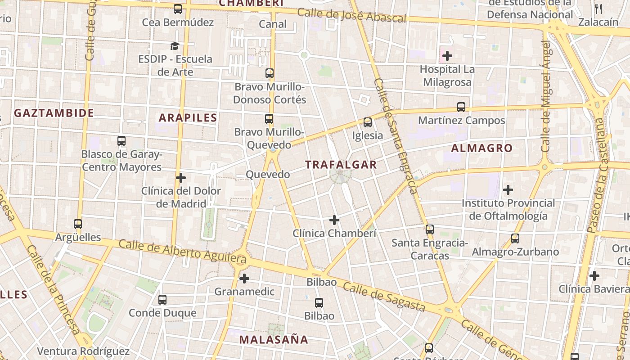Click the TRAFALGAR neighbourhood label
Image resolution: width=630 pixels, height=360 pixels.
pyautogui.click(x=341, y=165)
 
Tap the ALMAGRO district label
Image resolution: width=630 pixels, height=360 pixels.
pyautogui.click(x=481, y=148)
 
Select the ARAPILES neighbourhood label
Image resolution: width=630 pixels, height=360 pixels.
pyautogui.click(x=188, y=118)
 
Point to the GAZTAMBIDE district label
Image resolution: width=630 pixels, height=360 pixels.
pyautogui.click(x=54, y=113)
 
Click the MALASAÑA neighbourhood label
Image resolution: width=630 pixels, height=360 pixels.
pyautogui.click(x=273, y=339)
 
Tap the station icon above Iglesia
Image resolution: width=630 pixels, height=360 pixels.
pyautogui.click(x=368, y=122)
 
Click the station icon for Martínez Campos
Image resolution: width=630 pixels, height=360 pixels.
pyautogui.click(x=461, y=107)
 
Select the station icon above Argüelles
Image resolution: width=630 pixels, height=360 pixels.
pyautogui.click(x=78, y=224)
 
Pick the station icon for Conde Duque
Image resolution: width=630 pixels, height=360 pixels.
pyautogui.click(x=162, y=299)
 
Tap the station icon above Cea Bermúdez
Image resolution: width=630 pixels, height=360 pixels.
pyautogui.click(x=178, y=9)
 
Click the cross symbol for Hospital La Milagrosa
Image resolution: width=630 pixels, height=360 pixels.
pyautogui.click(x=447, y=56)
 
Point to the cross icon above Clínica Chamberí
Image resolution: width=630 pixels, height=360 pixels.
pyautogui.click(x=334, y=220)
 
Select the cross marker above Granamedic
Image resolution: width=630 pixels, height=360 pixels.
pyautogui.click(x=244, y=279)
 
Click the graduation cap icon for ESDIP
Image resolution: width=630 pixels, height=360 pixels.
pyautogui.click(x=175, y=46)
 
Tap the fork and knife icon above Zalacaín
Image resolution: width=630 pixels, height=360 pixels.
pyautogui.click(x=598, y=9)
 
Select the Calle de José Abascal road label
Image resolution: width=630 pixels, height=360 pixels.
pyautogui.click(x=351, y=15)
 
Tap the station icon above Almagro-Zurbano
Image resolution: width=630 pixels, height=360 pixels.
pyautogui.click(x=515, y=238)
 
